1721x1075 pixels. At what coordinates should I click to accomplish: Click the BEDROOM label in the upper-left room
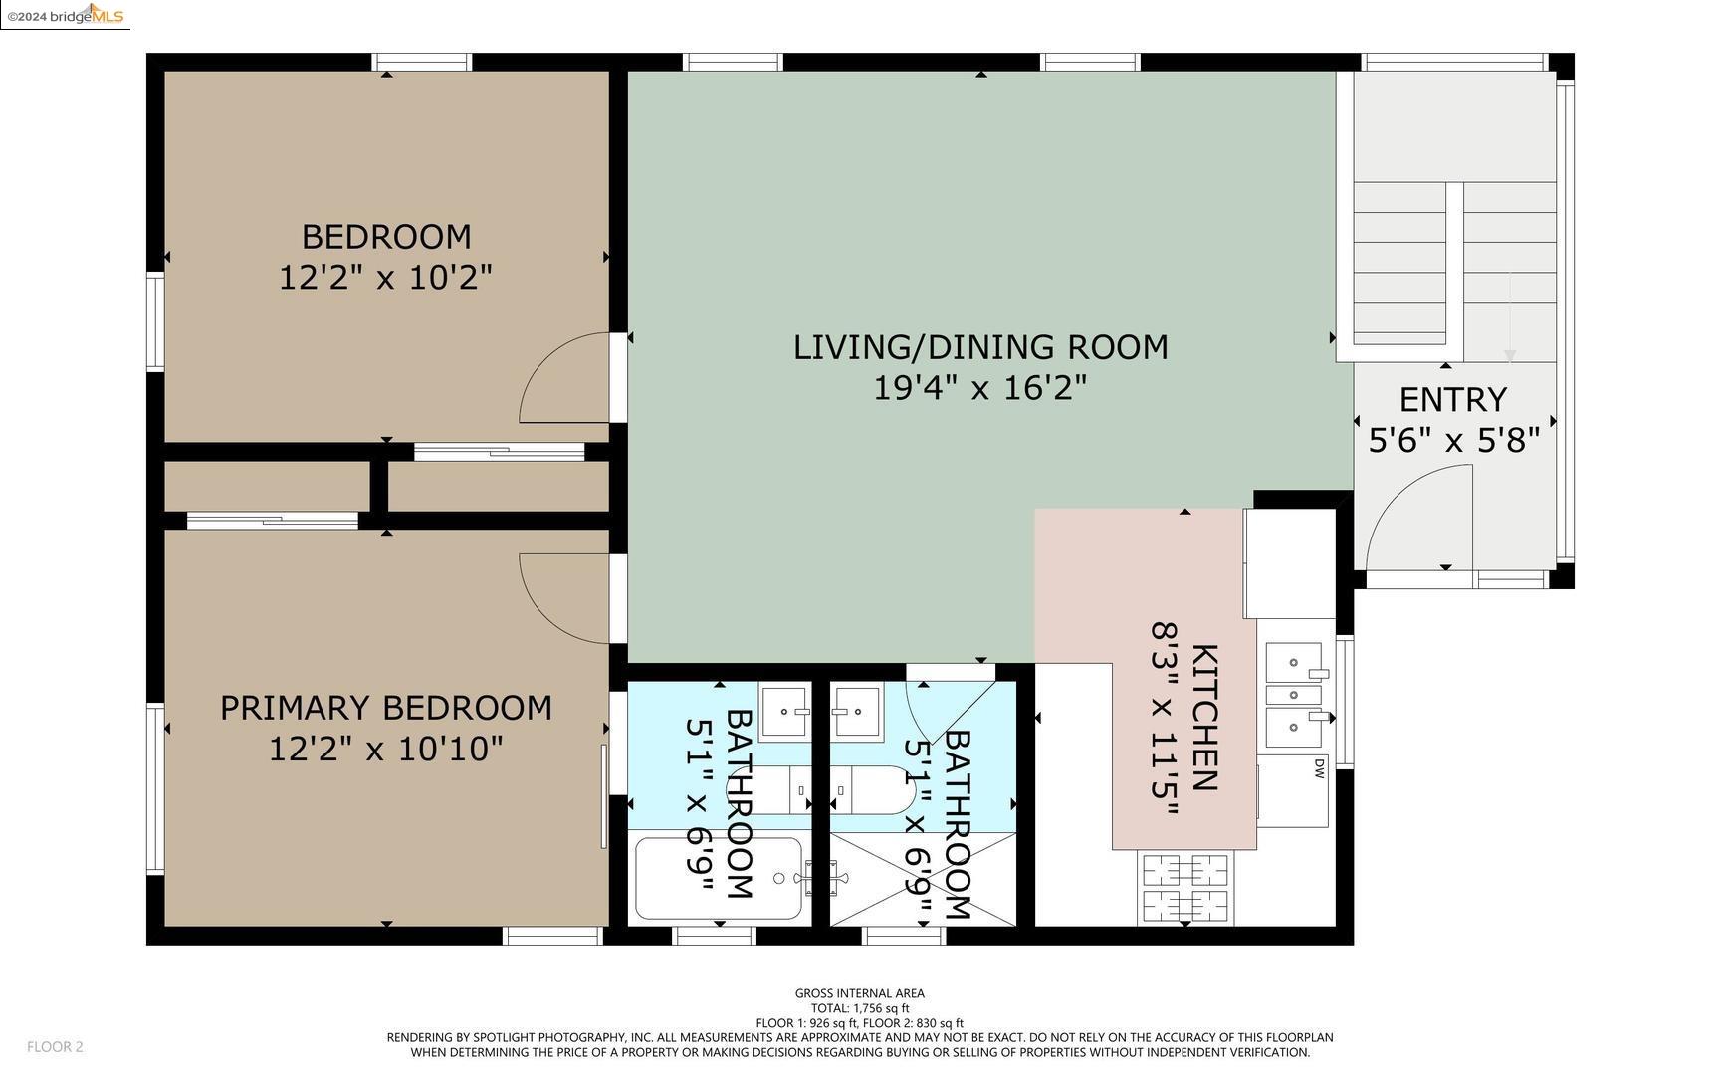386,237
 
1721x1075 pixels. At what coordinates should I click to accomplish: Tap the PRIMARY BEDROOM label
386,708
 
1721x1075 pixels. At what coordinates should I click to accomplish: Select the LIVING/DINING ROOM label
980,347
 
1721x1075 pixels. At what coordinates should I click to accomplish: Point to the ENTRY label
1452,400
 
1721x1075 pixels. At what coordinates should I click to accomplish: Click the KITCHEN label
1204,718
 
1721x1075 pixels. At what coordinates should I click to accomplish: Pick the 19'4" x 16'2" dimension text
980,387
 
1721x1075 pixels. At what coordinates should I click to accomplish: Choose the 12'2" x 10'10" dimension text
386,749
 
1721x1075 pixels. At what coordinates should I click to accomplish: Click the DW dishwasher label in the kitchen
1320,767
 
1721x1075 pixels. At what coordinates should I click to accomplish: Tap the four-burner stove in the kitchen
1184,888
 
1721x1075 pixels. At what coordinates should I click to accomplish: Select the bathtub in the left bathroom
719,879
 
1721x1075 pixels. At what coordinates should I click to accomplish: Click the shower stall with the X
924,879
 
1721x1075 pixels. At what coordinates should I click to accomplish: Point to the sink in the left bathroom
785,712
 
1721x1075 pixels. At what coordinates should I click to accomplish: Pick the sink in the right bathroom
857,712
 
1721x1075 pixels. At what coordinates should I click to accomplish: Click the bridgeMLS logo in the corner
65,15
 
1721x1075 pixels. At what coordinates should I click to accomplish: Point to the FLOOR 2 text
55,1047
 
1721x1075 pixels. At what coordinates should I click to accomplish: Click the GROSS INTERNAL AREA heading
860,993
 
